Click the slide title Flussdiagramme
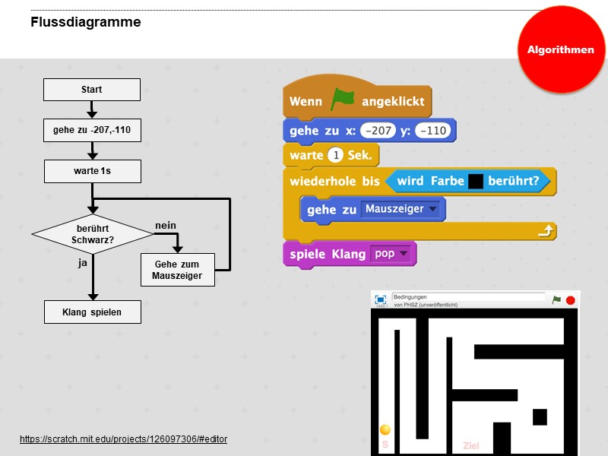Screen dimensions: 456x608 85,22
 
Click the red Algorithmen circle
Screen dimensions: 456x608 561,49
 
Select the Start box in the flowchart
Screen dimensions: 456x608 92,90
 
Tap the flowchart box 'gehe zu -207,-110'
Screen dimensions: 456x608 92,131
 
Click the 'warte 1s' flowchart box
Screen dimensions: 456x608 92,171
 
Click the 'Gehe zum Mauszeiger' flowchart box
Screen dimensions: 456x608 177,270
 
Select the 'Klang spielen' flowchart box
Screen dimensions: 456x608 92,312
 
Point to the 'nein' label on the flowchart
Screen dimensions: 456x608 166,226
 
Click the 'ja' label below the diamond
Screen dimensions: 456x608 84,262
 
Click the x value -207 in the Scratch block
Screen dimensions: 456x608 378,131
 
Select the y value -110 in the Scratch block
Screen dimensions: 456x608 432,131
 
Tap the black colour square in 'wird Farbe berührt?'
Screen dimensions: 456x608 476,182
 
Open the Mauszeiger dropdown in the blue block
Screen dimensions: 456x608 401,209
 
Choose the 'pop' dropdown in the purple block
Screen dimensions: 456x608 390,254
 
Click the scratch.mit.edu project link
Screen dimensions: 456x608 123,439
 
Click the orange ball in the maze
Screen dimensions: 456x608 385,430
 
